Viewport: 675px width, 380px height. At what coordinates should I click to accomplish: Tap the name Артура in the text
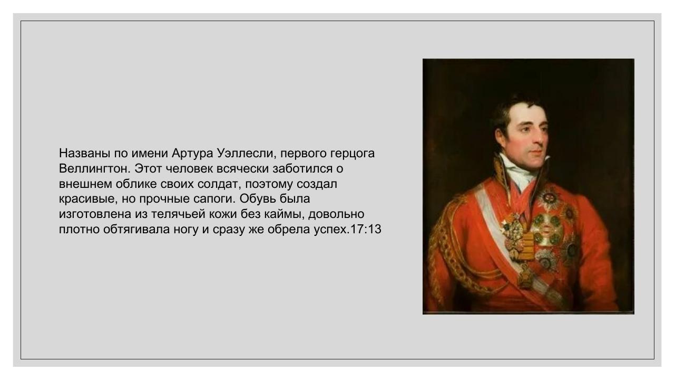192,154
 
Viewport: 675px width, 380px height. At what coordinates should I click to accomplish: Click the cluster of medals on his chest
543,232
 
